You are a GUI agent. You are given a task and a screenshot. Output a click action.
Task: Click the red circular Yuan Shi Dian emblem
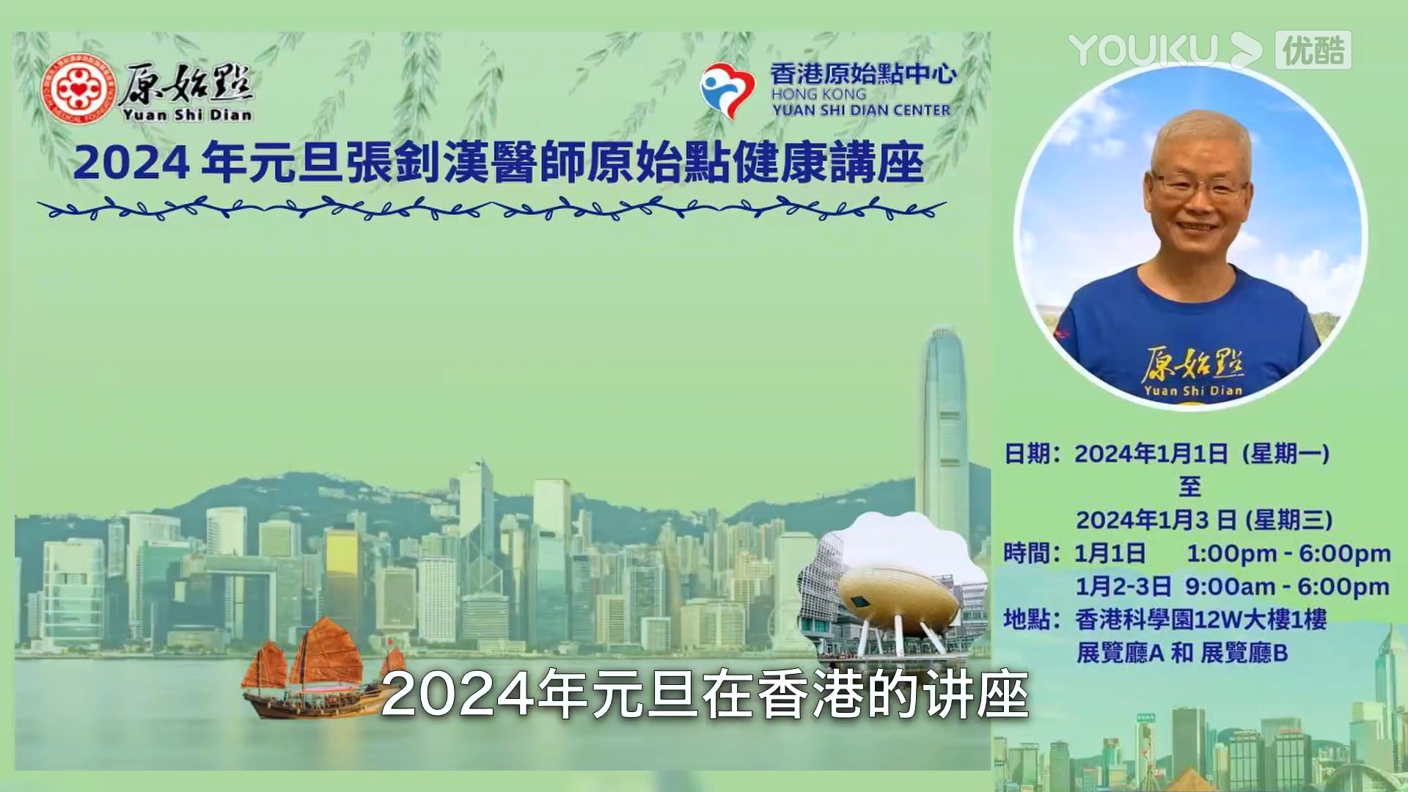click(78, 90)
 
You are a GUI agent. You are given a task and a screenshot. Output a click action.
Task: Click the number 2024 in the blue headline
click(132, 163)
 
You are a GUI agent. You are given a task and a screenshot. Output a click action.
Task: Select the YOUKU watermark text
click(1143, 50)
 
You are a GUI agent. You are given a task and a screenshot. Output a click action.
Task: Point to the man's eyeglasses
click(1200, 186)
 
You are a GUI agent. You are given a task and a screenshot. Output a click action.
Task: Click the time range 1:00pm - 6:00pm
click(1288, 554)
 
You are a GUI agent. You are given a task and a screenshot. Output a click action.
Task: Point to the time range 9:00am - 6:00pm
click(1287, 587)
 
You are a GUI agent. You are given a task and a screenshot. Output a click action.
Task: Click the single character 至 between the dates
click(1189, 486)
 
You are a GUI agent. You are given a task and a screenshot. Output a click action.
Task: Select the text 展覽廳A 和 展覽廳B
click(1182, 653)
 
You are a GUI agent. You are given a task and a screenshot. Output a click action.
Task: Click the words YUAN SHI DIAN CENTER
click(861, 110)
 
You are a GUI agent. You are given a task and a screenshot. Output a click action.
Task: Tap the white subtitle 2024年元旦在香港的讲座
click(705, 694)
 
